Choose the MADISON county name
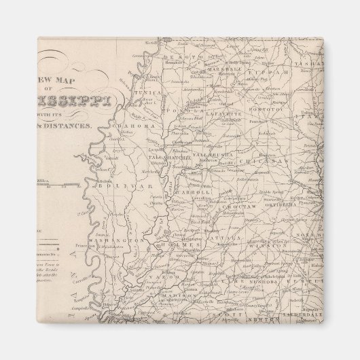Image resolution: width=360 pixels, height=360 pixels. (x=181, y=294)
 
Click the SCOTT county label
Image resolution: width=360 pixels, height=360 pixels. (x=222, y=315)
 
